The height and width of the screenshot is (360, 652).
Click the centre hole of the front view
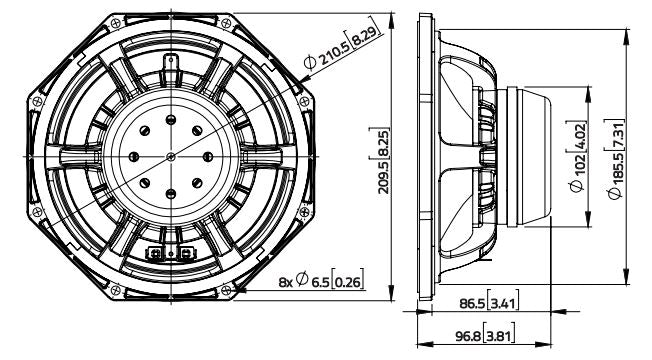tap(172, 156)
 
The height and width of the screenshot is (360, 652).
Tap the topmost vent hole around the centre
tap(172, 119)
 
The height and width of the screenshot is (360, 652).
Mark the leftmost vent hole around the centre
tap(135, 156)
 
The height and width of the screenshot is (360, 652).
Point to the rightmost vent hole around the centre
tap(209, 156)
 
